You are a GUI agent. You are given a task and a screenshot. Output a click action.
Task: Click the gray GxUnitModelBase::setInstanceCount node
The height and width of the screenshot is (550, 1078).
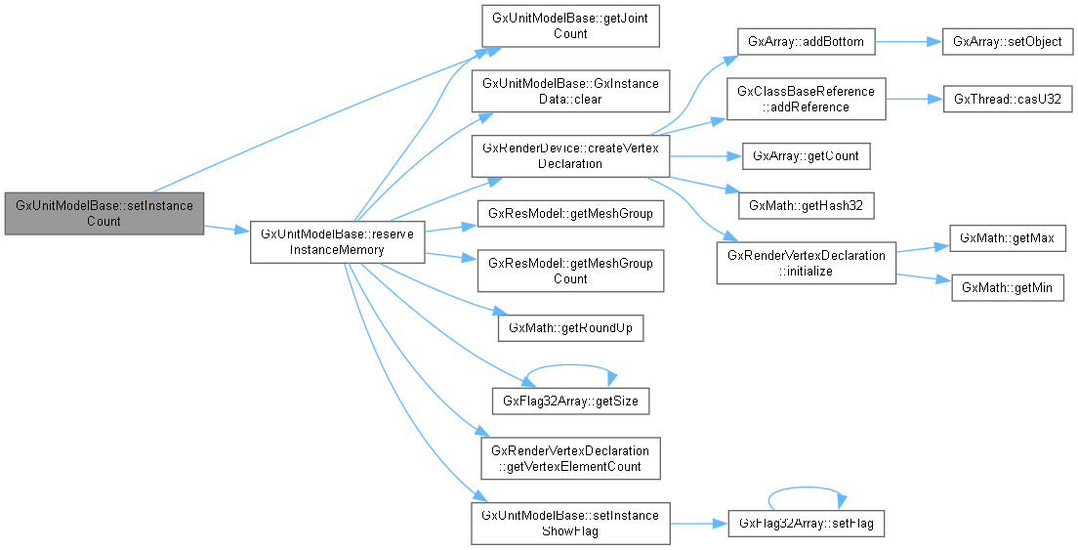(x=104, y=213)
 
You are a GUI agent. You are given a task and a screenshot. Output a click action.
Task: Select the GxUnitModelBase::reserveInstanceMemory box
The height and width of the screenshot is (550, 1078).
(x=337, y=242)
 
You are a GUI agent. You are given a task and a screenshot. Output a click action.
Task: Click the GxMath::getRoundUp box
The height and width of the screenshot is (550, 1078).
(x=570, y=328)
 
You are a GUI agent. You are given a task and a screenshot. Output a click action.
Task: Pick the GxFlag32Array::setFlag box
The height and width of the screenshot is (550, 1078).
(x=806, y=524)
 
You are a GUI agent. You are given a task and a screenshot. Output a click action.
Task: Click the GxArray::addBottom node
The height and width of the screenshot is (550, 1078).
(x=806, y=42)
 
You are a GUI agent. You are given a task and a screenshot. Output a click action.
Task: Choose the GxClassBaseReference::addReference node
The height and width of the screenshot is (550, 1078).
(x=806, y=99)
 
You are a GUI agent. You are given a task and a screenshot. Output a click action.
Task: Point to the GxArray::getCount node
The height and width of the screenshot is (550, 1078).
(x=806, y=155)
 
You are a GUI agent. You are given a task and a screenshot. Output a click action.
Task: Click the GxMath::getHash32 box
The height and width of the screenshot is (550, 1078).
(x=806, y=206)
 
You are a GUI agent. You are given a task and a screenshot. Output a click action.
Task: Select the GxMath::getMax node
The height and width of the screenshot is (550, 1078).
(x=1007, y=238)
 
